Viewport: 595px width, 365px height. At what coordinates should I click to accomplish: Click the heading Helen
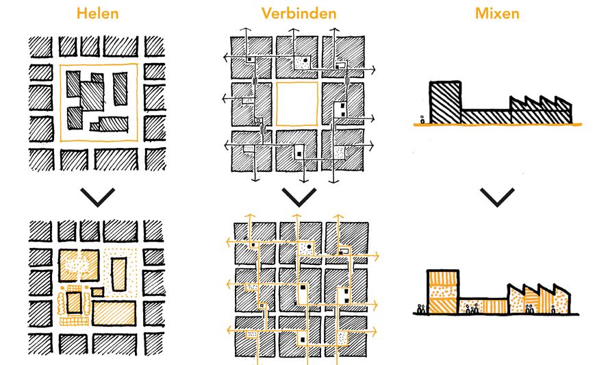click(97, 13)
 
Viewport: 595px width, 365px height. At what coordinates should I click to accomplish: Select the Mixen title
click(498, 13)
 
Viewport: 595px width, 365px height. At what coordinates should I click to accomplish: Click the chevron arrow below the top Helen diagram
click(97, 197)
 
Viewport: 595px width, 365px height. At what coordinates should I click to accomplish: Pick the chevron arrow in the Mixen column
click(498, 197)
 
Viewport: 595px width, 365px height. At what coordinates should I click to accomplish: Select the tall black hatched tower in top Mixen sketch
click(444, 103)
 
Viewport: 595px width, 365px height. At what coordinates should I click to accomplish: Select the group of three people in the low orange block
click(471, 309)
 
